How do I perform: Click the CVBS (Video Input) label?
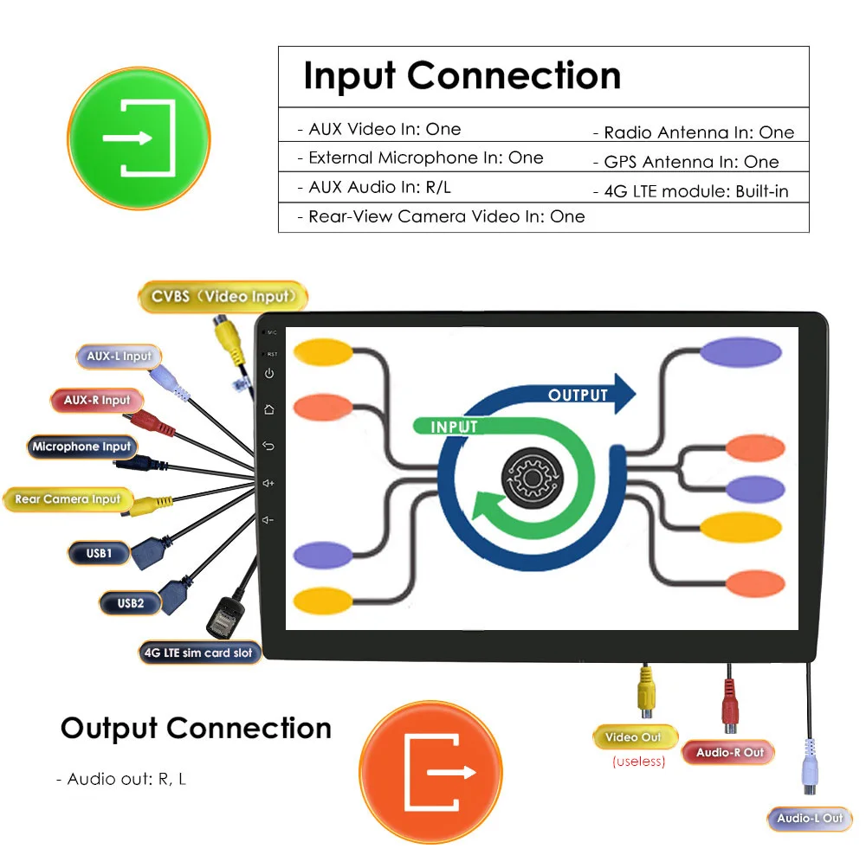coord(223,297)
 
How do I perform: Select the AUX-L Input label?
coord(119,356)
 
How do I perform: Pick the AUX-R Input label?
coord(97,401)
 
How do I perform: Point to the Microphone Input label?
coord(81,447)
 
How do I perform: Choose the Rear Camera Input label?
coord(68,499)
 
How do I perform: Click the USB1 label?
coord(99,552)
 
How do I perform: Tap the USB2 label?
coord(131,602)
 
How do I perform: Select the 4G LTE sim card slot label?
coord(199,652)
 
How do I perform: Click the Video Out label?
coord(633,737)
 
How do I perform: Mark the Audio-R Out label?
coord(730,752)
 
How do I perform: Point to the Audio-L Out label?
coord(810,818)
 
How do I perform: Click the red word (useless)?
coord(638,762)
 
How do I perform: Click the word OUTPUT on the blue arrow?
coord(578,395)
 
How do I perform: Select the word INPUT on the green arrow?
coord(454,427)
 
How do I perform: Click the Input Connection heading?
coord(462,76)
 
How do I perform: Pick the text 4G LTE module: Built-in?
coord(690,191)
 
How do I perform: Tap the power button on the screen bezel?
coord(269,374)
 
